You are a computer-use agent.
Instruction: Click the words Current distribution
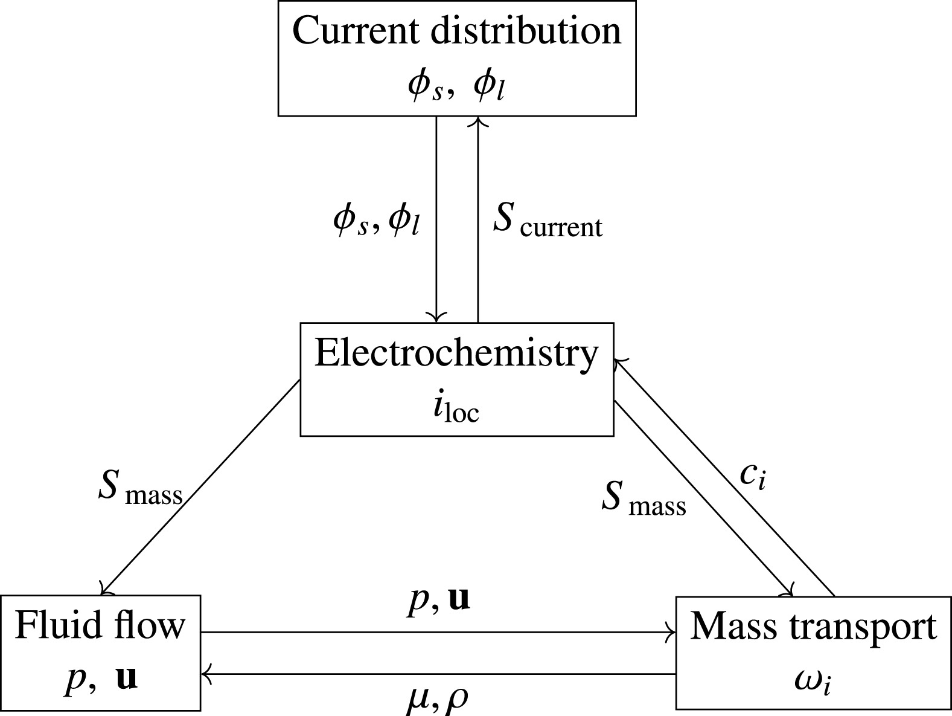(456, 31)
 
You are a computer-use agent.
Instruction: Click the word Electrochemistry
(456, 353)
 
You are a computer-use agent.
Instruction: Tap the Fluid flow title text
(100, 626)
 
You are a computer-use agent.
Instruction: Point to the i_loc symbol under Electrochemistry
(456, 410)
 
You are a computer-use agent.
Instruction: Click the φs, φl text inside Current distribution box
(456, 86)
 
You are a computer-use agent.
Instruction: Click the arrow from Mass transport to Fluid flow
(438, 673)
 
